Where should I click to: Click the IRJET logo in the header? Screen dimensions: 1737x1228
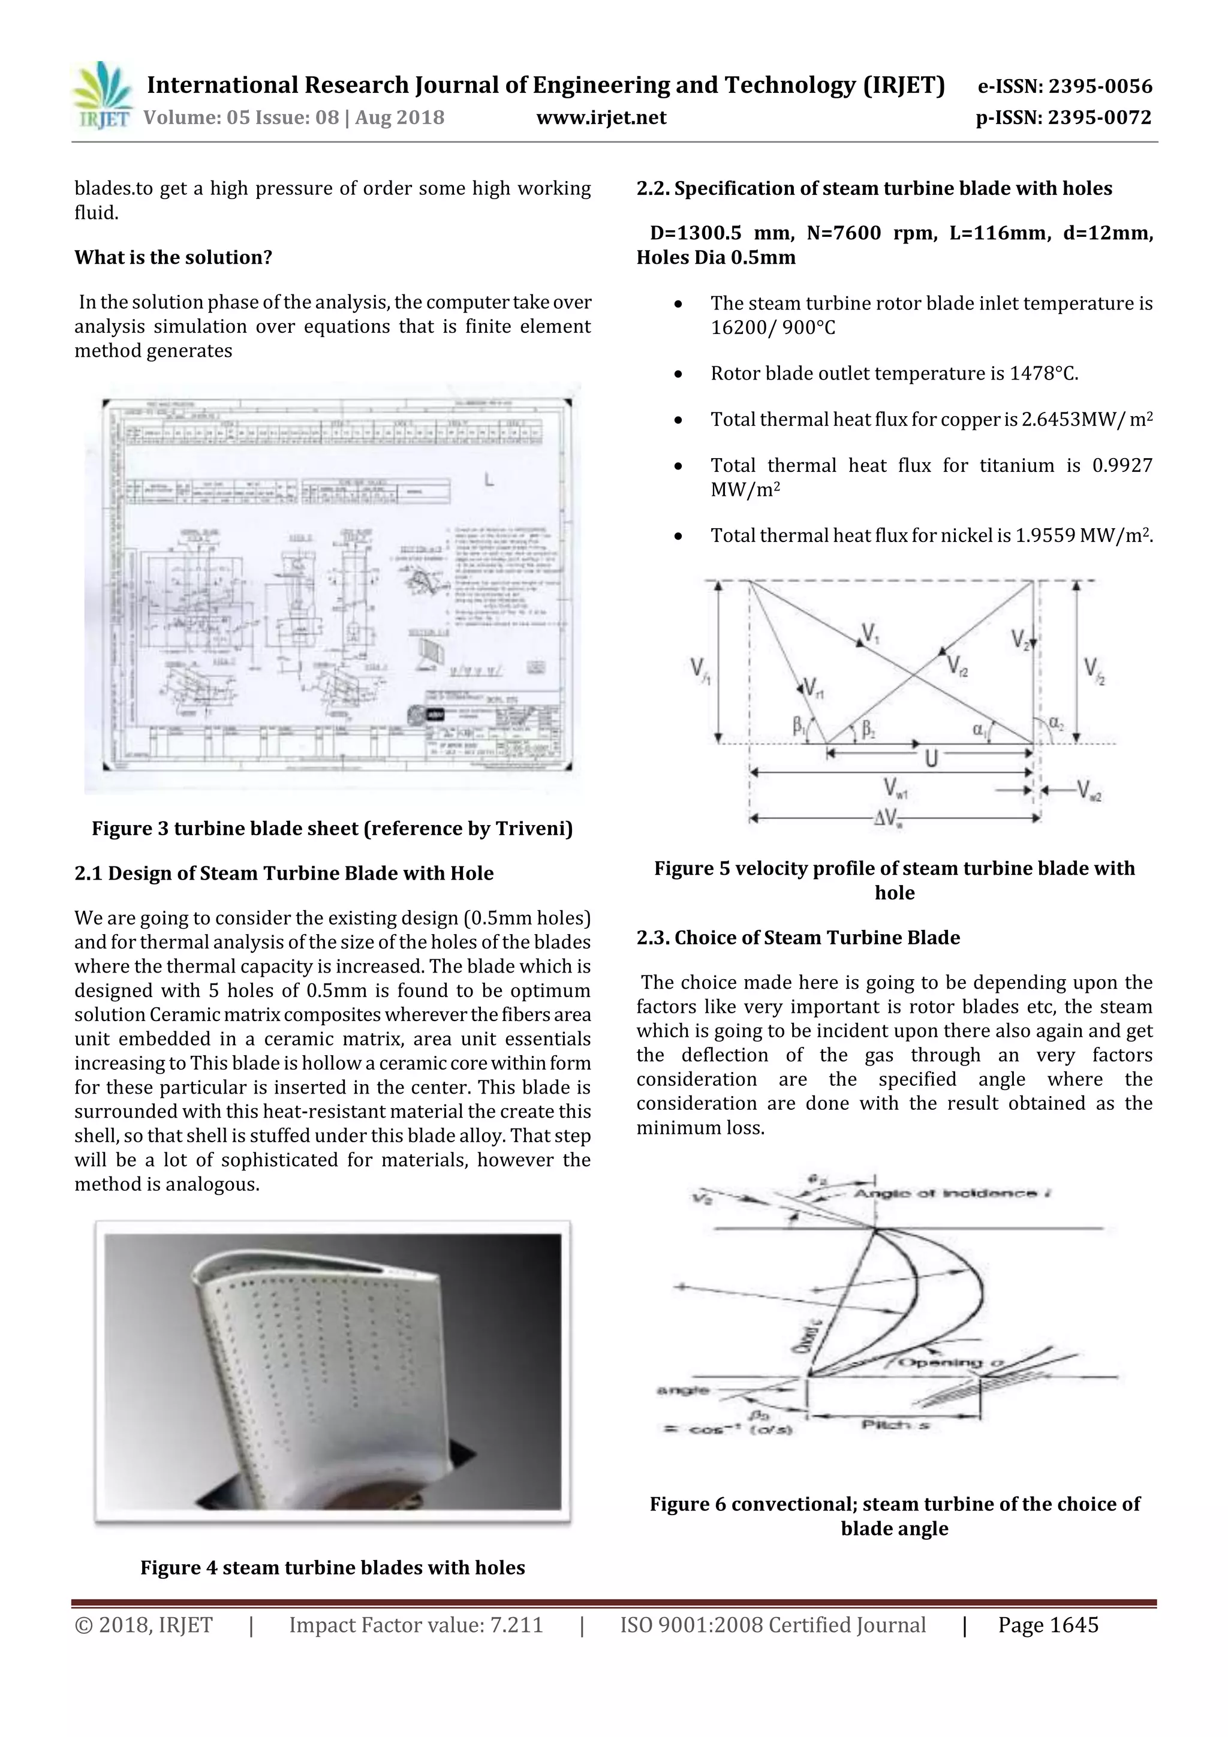tap(101, 96)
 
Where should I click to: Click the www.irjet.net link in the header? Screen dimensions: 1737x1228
tap(601, 118)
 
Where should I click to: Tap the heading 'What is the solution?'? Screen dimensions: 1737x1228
tap(173, 257)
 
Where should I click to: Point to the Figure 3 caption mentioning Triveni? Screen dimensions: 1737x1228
tap(332, 829)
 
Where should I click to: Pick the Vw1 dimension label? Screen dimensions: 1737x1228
tap(896, 788)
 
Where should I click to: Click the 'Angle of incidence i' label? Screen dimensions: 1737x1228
tap(953, 1193)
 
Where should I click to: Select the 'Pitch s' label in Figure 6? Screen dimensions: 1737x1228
tap(895, 1425)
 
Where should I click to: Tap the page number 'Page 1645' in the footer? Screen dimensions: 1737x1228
tap(1048, 1625)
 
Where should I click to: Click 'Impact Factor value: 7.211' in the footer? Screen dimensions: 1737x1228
tap(416, 1625)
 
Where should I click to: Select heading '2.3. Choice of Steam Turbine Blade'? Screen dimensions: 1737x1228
tap(797, 937)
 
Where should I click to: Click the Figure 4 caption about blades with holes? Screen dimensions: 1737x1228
tap(332, 1567)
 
